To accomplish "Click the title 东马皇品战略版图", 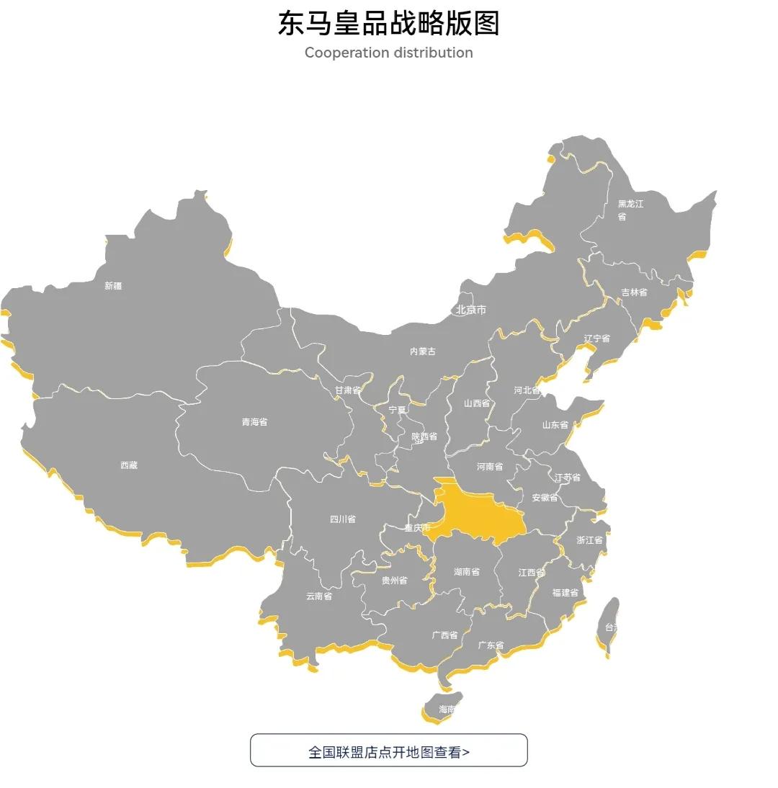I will [x=388, y=23].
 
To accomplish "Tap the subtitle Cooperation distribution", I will [x=388, y=53].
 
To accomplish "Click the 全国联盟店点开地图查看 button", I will [x=388, y=751].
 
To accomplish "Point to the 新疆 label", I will [x=113, y=286].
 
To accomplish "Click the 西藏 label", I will [x=129, y=465].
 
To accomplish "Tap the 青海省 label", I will [x=254, y=422].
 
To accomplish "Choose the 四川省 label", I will [x=342, y=519].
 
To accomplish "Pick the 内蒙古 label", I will [x=423, y=352].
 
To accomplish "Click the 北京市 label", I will [x=471, y=310].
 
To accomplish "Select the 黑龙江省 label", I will [x=630, y=210].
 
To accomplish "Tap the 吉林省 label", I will [x=634, y=292].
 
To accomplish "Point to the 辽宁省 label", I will [x=596, y=339].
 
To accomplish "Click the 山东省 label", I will [x=555, y=425].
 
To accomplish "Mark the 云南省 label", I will [x=319, y=596].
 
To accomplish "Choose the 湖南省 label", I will [x=467, y=572].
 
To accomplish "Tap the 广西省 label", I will [x=444, y=635].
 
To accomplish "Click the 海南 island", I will [x=442, y=707].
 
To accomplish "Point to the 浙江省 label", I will [x=589, y=540].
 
